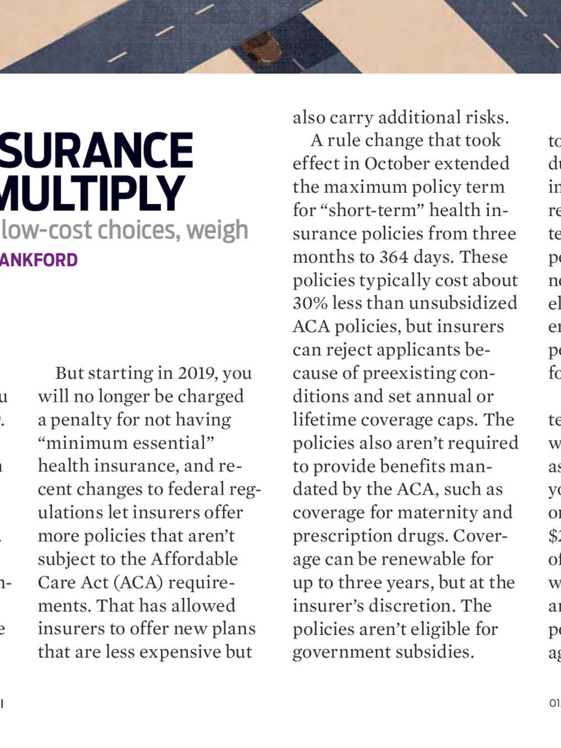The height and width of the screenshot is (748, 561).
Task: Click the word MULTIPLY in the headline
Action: coord(91,194)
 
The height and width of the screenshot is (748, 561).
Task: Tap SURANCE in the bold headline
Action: coord(96,150)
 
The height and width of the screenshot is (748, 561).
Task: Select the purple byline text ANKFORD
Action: coord(39,260)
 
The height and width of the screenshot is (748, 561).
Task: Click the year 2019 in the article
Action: coord(197,373)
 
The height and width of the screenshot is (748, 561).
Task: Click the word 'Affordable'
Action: coord(194,559)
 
